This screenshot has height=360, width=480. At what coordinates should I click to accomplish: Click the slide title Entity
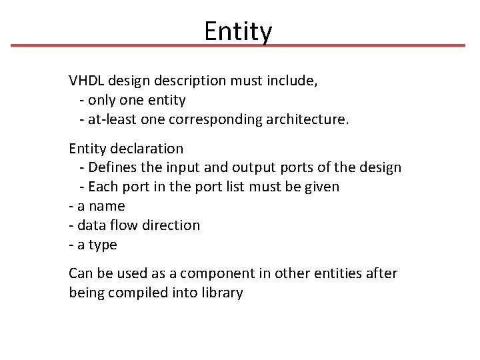[x=238, y=31]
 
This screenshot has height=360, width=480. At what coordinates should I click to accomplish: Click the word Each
[x=103, y=187]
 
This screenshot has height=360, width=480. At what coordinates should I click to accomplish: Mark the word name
[x=107, y=206]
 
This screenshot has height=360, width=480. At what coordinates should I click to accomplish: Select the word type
[x=103, y=245]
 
